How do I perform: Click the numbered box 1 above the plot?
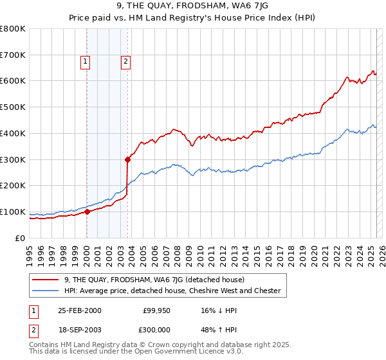tap(86, 62)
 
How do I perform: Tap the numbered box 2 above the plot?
tap(125, 62)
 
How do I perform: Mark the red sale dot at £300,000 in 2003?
tap(128, 159)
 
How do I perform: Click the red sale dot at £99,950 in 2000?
tap(87, 212)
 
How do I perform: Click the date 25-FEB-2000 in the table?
tap(80, 310)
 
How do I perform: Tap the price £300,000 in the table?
tap(157, 328)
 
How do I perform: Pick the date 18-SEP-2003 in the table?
tap(80, 328)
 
